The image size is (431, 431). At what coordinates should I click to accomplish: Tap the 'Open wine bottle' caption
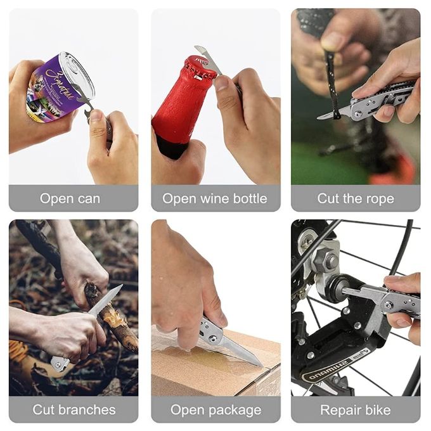tap(215, 198)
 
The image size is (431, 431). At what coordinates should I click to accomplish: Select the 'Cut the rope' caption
tap(356, 198)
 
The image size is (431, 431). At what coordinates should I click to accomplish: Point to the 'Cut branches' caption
tap(74, 409)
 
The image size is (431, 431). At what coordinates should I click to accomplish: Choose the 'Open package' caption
tap(215, 409)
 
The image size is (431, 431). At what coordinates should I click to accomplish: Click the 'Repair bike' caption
tap(356, 409)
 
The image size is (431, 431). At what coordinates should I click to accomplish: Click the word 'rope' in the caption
tap(378, 198)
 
